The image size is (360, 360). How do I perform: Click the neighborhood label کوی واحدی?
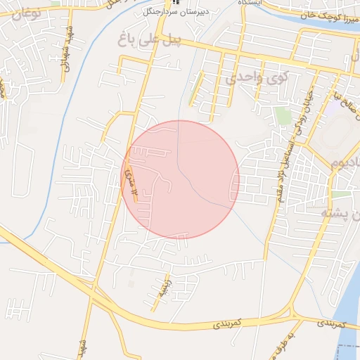point(254,77)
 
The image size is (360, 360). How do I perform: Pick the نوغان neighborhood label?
point(22,12)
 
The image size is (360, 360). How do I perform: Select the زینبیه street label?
point(161,289)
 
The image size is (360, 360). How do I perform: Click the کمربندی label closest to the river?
point(330,324)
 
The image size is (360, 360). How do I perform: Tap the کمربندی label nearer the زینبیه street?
point(226,323)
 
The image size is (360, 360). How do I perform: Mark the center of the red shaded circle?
point(180,180)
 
